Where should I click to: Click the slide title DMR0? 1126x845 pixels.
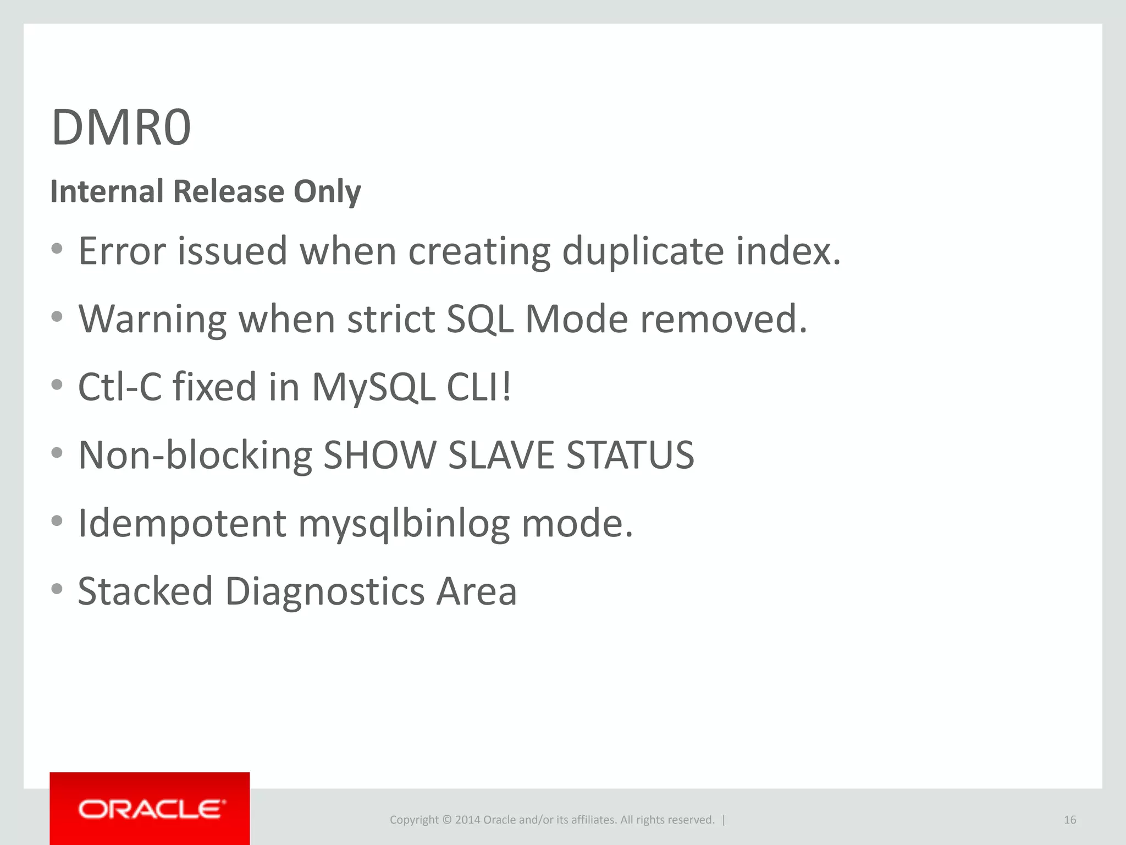coord(121,128)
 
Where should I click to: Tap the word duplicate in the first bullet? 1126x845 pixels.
coord(643,251)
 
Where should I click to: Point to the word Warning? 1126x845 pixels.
coord(152,320)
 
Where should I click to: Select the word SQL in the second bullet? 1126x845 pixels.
coord(479,320)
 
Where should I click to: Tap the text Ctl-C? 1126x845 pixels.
coord(120,387)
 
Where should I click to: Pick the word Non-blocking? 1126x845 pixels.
coord(195,456)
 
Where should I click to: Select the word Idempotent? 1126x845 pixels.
coord(182,524)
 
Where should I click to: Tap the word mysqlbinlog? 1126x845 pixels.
coord(404,524)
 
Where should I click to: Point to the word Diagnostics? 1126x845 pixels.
coord(324,591)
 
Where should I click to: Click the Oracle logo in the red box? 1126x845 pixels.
coord(151,809)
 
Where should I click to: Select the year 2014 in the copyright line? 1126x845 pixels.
coord(467,820)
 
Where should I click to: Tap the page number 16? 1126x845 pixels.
coord(1069,820)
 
